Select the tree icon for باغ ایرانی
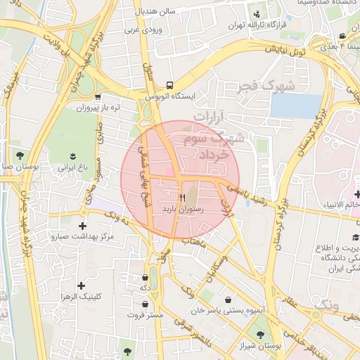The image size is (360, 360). pos(73,155)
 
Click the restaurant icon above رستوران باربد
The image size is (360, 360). pos(183,198)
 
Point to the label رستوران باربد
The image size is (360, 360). pos(183,209)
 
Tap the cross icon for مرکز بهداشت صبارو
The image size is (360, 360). pos(84,226)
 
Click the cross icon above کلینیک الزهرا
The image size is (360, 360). pos(82,285)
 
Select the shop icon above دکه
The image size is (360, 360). pos(145,277)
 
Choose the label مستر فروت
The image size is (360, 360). pos(145,315)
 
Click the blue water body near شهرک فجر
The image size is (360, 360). pos(295,105)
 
